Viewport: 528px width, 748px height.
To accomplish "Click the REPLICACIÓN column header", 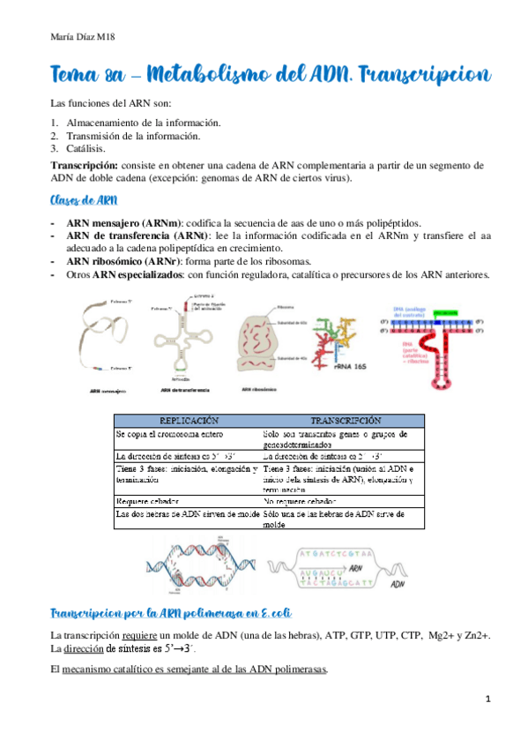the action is [188, 420].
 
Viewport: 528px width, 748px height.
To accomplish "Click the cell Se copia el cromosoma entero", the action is [168, 434].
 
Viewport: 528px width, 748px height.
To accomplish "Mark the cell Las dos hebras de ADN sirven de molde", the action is [186, 512].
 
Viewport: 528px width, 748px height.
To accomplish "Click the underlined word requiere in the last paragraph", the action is [143, 636].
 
